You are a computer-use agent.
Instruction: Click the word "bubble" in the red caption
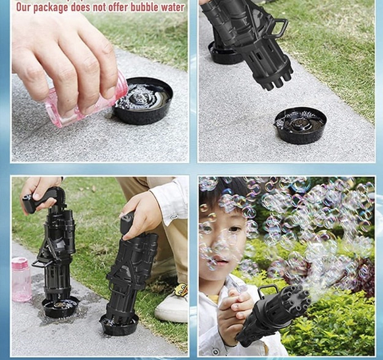144,7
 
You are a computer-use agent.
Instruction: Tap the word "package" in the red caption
51,7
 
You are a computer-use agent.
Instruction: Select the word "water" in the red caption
172,7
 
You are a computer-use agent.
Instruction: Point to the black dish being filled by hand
143,101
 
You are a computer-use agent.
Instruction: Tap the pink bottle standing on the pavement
21,279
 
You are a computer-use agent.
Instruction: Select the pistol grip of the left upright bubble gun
39,200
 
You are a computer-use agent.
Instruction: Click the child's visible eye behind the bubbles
234,229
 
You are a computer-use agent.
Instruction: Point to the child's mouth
221,262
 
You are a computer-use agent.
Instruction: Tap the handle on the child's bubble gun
268,290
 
